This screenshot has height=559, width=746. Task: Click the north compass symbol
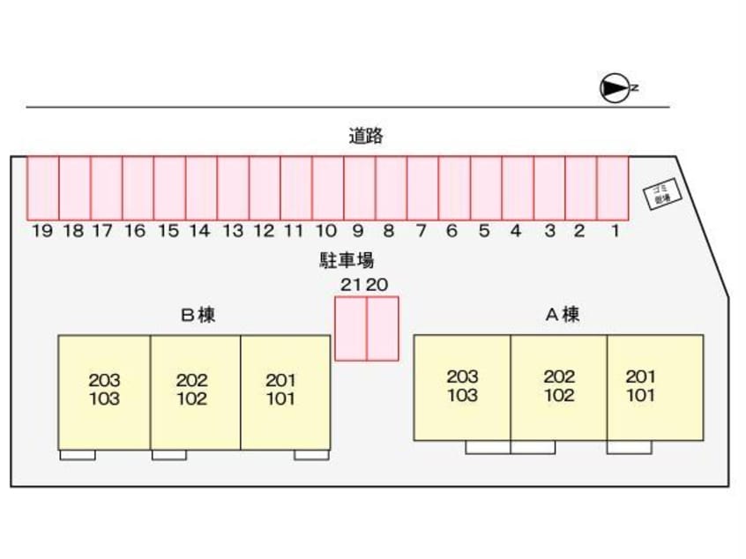click(x=614, y=87)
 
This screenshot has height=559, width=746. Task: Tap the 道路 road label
click(x=365, y=136)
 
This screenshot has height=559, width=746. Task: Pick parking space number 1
click(x=613, y=188)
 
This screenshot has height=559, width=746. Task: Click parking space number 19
click(x=42, y=188)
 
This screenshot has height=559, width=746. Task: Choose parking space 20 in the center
click(x=383, y=328)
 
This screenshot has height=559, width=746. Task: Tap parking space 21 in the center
click(x=351, y=328)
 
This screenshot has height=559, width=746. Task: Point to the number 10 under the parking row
click(x=326, y=232)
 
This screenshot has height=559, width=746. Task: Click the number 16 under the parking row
click(x=135, y=232)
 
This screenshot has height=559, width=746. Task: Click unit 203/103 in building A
click(x=462, y=387)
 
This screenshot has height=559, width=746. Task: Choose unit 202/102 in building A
click(x=558, y=387)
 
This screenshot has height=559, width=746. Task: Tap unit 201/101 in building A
click(x=654, y=387)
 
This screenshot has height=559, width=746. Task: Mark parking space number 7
click(x=422, y=188)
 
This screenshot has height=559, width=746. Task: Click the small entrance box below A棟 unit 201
click(x=629, y=447)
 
